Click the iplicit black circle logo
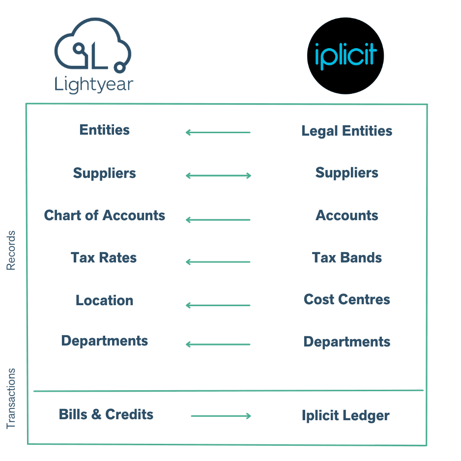pyautogui.click(x=346, y=56)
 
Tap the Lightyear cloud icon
pyautogui.click(x=92, y=45)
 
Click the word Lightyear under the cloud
pyautogui.click(x=94, y=85)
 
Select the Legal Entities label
pyautogui.click(x=347, y=131)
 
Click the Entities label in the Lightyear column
pyautogui.click(x=104, y=130)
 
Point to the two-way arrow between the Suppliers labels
pyautogui.click(x=218, y=176)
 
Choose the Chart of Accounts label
pyautogui.click(x=105, y=215)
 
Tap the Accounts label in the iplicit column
pyautogui.click(x=347, y=215)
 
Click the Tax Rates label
pyautogui.click(x=104, y=258)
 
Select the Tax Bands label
pyautogui.click(x=347, y=258)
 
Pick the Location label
pyautogui.click(x=104, y=300)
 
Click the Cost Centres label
pyautogui.click(x=347, y=300)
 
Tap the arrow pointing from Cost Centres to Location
pyautogui.click(x=218, y=306)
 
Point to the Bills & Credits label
pyautogui.click(x=106, y=414)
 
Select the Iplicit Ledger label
pyautogui.click(x=346, y=416)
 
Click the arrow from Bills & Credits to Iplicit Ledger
pyautogui.click(x=221, y=416)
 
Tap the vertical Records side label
pyautogui.click(x=11, y=251)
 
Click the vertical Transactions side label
pyautogui.click(x=11, y=399)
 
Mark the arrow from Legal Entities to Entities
pyautogui.click(x=218, y=133)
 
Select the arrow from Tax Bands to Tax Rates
pyautogui.click(x=218, y=262)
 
